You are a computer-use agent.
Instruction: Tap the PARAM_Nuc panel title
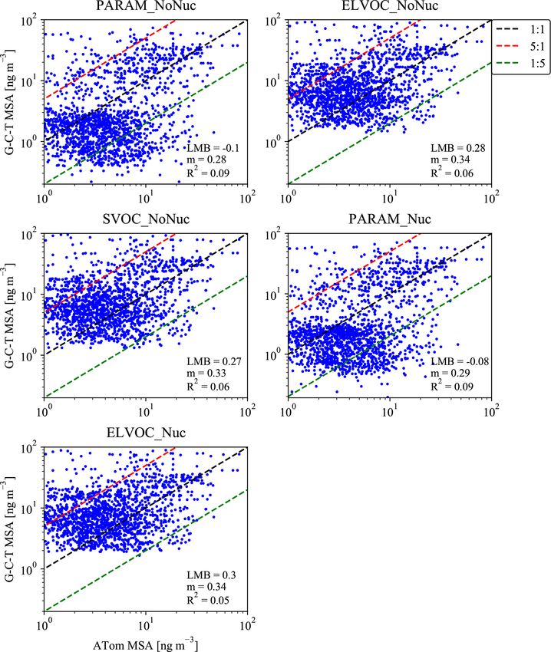tap(389, 220)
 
